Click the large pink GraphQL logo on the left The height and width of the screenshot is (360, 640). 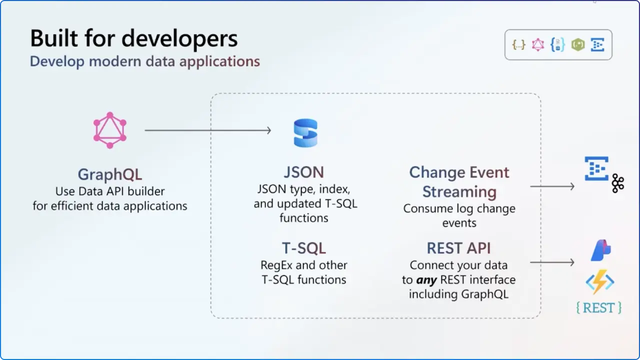pyautogui.click(x=110, y=130)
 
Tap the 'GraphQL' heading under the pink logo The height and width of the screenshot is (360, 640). pyautogui.click(x=110, y=174)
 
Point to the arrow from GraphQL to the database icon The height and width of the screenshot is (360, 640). pyautogui.click(x=207, y=130)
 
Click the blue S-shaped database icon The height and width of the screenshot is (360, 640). pyautogui.click(x=305, y=133)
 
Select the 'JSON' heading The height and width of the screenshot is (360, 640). pyautogui.click(x=304, y=172)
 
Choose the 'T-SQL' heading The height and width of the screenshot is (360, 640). pyautogui.click(x=304, y=248)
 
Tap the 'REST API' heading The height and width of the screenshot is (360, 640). pyautogui.click(x=458, y=248)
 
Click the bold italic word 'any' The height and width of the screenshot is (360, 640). pyautogui.click(x=426, y=279)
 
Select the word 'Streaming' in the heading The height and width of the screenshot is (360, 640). pyautogui.click(x=459, y=192)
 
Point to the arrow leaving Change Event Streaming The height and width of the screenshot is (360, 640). pyautogui.click(x=552, y=186)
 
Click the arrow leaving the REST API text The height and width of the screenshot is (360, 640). pyautogui.click(x=552, y=262)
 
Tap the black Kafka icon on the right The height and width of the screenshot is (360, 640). pyautogui.click(x=618, y=183)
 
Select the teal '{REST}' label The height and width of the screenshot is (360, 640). pyautogui.click(x=599, y=307)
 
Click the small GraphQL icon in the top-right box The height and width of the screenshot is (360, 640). pyautogui.click(x=538, y=45)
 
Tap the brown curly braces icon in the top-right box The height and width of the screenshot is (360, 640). pyautogui.click(x=519, y=45)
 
